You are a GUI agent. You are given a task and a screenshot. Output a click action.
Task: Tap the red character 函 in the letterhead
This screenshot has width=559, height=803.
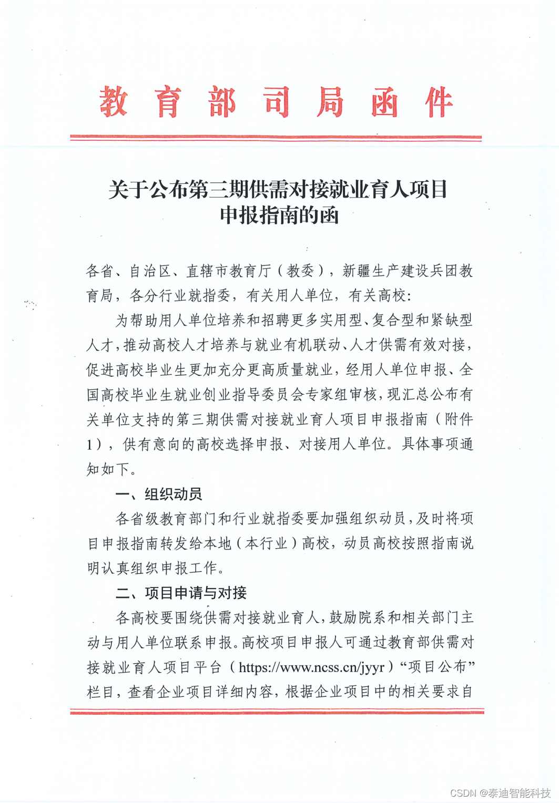[x=384, y=101]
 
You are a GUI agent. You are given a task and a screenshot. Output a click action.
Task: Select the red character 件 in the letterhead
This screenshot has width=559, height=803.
[x=439, y=101]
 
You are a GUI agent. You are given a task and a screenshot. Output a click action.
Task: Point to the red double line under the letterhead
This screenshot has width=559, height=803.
[x=276, y=138]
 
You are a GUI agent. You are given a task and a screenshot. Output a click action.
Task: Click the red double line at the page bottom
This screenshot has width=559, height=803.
[x=277, y=712]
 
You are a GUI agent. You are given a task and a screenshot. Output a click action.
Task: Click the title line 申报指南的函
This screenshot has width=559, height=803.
[x=279, y=215]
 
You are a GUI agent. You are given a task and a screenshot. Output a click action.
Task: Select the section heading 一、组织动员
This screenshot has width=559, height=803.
[x=158, y=494]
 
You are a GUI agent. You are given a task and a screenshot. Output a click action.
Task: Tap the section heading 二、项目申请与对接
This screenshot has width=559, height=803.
[x=181, y=593]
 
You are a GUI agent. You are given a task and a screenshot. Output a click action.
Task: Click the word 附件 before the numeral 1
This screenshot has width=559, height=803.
[x=459, y=419]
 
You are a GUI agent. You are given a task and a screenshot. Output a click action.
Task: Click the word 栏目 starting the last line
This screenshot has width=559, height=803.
[x=100, y=692]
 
